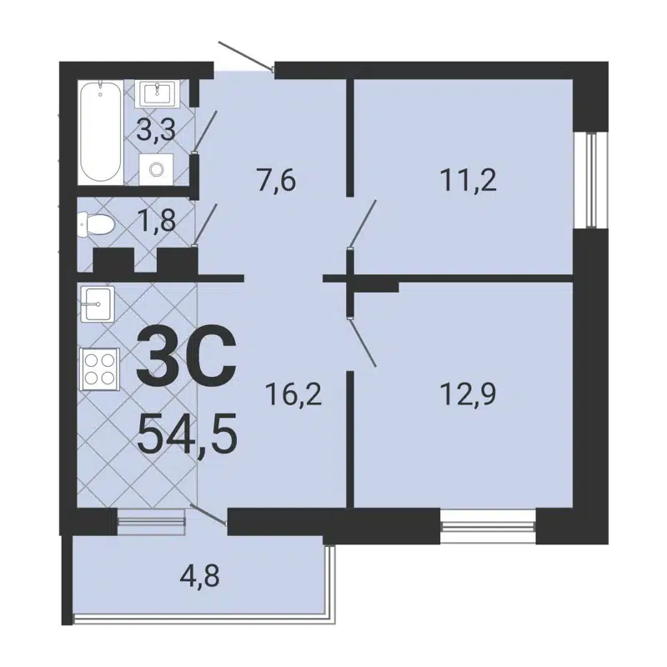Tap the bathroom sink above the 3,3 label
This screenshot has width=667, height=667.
pos(157,92)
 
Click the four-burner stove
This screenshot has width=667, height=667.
pos(100,367)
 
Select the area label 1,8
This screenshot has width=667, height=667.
pos(157,223)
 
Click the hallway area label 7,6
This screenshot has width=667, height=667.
pos(277,179)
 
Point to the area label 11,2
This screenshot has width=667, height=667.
pos(467,179)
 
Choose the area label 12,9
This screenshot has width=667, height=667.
pos(467,392)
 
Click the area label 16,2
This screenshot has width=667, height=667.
pos(293,392)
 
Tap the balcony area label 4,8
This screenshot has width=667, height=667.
pos(202,575)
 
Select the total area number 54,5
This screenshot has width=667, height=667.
pos(188,434)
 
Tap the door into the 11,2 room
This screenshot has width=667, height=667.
pos(364,223)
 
